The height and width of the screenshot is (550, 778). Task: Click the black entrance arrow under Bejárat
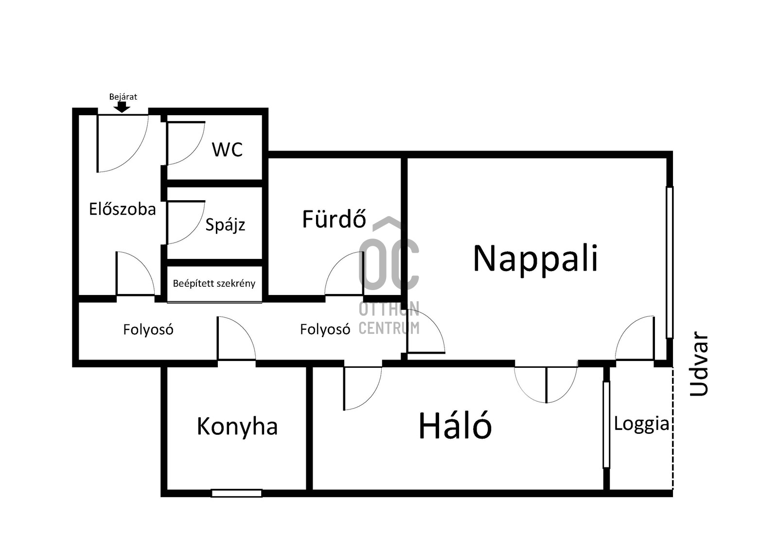(x=122, y=106)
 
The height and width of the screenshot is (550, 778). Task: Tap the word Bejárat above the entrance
(x=123, y=97)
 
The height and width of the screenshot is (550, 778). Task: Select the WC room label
(x=227, y=150)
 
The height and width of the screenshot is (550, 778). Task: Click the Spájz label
(x=225, y=225)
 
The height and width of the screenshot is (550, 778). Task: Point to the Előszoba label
(x=122, y=209)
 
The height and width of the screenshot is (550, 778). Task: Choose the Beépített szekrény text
(x=214, y=283)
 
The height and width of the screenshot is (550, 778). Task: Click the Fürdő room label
(x=334, y=219)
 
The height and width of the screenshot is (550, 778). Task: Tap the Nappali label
(x=535, y=259)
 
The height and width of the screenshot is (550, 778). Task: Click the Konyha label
(x=237, y=426)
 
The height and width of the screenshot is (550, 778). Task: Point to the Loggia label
(x=641, y=424)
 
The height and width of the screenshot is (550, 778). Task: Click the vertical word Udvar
(x=698, y=363)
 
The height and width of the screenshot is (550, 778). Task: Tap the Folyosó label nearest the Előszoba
(x=148, y=329)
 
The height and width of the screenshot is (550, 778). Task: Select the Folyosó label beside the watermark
(x=325, y=329)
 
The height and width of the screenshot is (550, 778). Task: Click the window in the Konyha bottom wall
(x=236, y=493)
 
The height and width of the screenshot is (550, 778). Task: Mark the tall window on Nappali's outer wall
(x=670, y=262)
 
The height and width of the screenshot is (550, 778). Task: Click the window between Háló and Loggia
(x=606, y=425)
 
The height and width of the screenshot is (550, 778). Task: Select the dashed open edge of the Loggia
(x=673, y=428)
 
